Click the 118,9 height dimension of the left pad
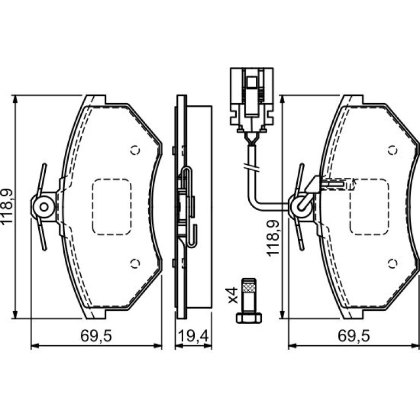[x=7, y=206]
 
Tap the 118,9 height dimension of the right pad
[x=273, y=238]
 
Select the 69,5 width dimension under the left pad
[x=96, y=335]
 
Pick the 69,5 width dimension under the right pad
[x=354, y=335]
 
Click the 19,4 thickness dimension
[x=194, y=335]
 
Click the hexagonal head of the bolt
[x=249, y=318]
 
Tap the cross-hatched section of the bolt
[x=249, y=288]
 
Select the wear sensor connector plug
[x=252, y=100]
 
